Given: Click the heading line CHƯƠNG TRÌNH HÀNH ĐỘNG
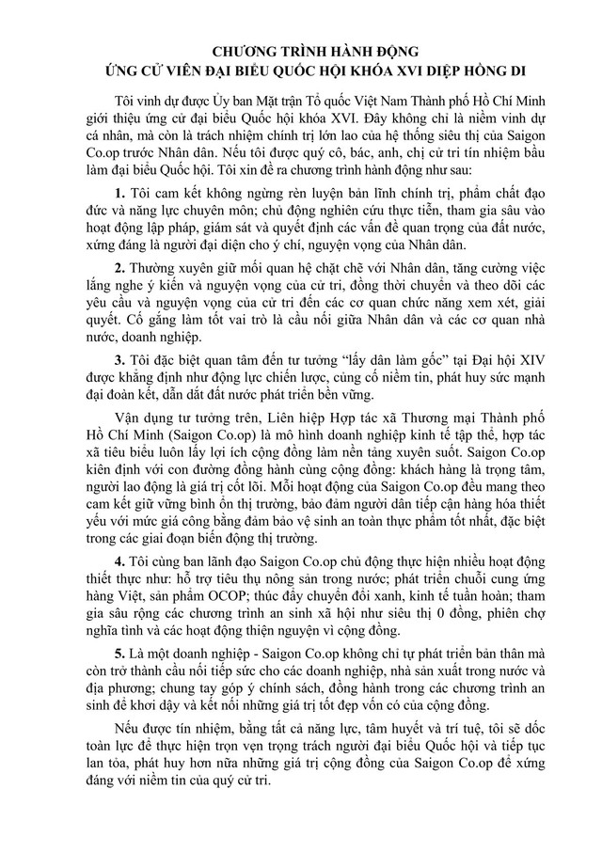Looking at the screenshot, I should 300,46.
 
